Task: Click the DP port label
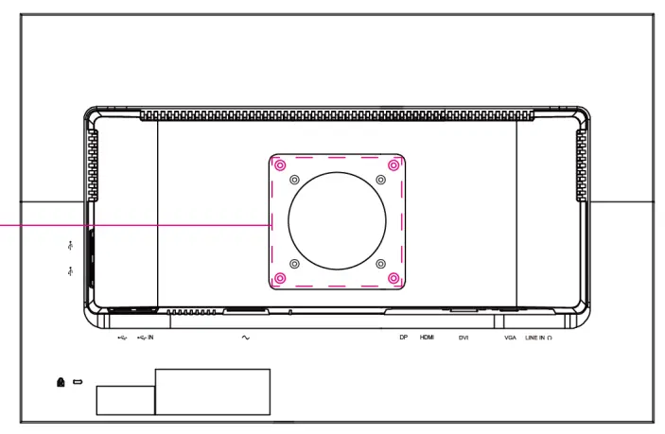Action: pos(403,338)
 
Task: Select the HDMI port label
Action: pos(427,338)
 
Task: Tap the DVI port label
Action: pos(464,338)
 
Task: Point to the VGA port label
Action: pos(510,338)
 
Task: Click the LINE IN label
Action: pos(535,338)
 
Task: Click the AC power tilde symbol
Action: pos(246,338)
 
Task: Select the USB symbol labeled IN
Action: pos(145,337)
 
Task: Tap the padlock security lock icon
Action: pos(61,382)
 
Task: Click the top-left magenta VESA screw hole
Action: pos(280,165)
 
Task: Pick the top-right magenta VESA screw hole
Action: pos(394,165)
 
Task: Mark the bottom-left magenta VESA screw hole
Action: pos(280,278)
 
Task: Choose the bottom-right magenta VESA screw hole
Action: pos(394,278)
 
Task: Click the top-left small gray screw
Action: pos(294,180)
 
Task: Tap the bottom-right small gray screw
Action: pos(380,264)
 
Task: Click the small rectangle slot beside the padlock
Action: pos(78,383)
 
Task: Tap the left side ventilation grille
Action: pos(92,166)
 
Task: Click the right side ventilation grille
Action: pos(581,166)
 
